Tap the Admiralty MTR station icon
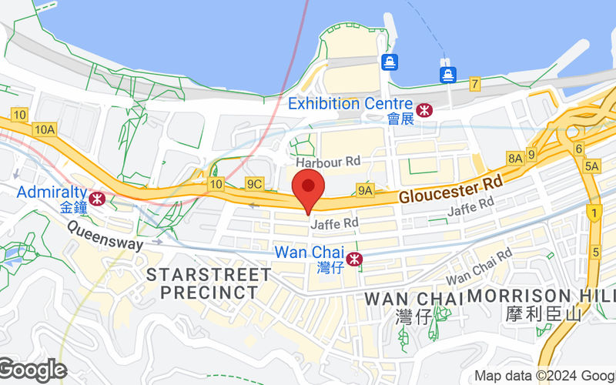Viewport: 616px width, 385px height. pos(98,199)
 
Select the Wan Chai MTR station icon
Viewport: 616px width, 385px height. pos(354,259)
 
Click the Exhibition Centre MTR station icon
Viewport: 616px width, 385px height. pos(424,110)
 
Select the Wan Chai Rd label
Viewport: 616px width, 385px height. pos(480,266)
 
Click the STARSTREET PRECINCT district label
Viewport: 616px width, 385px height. pos(208,283)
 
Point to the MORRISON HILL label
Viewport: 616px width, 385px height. pos(542,296)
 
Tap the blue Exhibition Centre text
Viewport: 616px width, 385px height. pos(345,103)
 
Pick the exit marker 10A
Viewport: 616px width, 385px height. pos(43,130)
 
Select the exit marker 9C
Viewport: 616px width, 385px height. pos(254,183)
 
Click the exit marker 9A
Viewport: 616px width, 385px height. pos(365,189)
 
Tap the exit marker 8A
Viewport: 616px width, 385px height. pos(514,158)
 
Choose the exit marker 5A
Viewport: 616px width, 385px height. pos(591,166)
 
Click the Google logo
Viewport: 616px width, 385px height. pos(33,370)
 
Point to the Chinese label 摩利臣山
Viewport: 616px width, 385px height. pos(542,314)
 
